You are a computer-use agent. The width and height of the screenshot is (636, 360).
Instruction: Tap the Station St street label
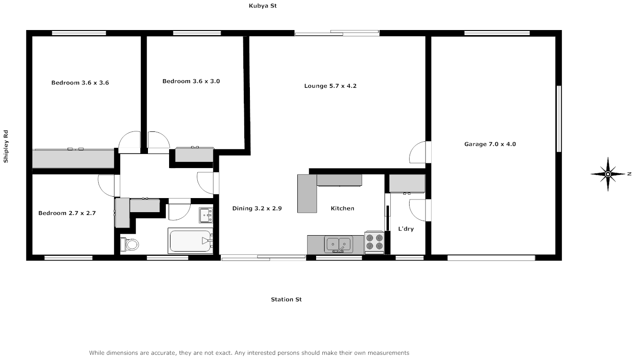click(x=286, y=299)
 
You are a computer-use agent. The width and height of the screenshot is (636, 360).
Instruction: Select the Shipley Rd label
click(x=6, y=146)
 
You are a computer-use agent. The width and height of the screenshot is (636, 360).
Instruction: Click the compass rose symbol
click(x=608, y=174)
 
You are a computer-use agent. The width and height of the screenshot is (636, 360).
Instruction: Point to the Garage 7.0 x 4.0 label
click(x=490, y=144)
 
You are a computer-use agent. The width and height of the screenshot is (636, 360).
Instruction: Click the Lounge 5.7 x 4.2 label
click(x=330, y=86)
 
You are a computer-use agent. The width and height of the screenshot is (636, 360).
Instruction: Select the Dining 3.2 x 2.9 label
click(x=257, y=208)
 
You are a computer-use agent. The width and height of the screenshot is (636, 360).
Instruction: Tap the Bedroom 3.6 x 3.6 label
click(x=80, y=83)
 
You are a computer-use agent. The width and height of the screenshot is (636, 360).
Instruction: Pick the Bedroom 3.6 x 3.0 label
click(x=191, y=81)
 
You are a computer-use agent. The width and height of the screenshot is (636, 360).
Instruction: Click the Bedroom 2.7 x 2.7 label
click(x=67, y=213)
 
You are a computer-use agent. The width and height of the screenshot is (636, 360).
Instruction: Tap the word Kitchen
click(x=342, y=208)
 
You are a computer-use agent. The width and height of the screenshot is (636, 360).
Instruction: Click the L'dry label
click(x=406, y=229)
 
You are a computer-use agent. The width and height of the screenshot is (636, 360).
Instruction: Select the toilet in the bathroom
click(x=130, y=245)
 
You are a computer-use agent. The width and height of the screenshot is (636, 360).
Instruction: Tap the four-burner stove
click(x=374, y=242)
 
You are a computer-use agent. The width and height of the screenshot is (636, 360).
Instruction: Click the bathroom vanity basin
click(x=206, y=215)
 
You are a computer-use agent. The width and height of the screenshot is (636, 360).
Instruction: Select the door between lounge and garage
click(x=419, y=152)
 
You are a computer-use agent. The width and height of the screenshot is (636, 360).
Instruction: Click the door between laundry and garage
click(x=419, y=210)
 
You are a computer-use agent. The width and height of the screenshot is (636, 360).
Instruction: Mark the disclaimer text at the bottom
click(x=249, y=352)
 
